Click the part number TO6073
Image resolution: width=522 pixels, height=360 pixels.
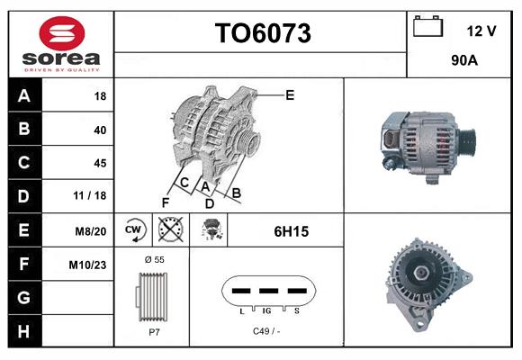coord(262,33)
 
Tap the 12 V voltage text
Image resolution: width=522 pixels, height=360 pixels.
coord(481,31)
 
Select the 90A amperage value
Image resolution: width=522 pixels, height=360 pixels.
coord(463,62)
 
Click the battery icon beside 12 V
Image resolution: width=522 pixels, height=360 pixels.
coord(427,27)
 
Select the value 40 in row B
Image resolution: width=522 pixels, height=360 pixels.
coord(100,130)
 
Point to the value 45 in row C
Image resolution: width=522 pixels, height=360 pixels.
coord(100,163)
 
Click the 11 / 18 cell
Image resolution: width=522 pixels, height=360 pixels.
coord(93,196)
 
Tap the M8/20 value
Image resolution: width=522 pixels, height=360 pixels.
coord(92,230)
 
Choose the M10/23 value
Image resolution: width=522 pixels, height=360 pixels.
coord(89,264)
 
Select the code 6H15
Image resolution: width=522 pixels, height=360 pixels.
coord(291,231)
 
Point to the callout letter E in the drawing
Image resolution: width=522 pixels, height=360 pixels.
coord(290,94)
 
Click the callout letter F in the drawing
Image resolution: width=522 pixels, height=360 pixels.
coord(166,201)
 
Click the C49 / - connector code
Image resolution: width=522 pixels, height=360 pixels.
coord(267,331)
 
